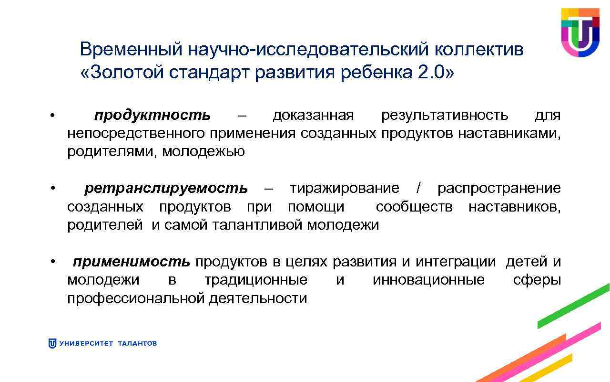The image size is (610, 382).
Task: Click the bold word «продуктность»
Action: pos(152,116)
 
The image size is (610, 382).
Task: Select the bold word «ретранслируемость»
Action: pos(166,189)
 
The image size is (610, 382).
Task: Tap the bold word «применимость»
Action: pos(131,262)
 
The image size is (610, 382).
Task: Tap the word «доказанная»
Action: pos(313,116)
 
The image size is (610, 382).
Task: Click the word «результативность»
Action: pos(444,116)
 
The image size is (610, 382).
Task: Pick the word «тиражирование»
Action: pos(344,189)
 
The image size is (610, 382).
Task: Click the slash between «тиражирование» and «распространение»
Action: pos(418,189)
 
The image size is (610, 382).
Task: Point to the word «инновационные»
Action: pos(428,280)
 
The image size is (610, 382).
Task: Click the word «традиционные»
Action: pos(256,280)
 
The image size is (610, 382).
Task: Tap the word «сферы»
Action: pos(537,280)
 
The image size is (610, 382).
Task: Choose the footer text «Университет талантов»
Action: pos(108,343)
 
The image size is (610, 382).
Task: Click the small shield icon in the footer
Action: pos(52,343)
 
